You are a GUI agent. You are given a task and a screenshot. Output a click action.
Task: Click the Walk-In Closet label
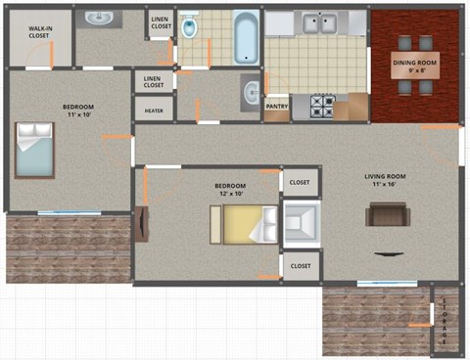(x=39, y=32)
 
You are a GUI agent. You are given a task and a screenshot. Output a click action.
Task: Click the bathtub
(x=246, y=36)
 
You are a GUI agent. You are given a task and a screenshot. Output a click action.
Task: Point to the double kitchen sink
(x=317, y=22)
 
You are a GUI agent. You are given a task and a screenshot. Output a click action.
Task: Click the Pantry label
(x=277, y=106)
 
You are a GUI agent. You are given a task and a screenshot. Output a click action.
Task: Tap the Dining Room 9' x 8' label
(x=414, y=66)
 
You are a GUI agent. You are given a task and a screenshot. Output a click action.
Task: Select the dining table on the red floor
(x=415, y=65)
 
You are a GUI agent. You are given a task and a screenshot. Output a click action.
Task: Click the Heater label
(x=154, y=111)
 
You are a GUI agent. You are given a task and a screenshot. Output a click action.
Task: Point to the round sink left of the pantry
(x=251, y=94)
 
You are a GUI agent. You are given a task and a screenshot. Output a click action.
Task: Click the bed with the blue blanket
(x=36, y=150)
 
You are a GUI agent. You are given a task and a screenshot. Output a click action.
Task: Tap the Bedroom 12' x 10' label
(x=230, y=189)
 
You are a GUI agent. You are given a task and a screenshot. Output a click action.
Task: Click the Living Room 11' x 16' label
(x=389, y=180)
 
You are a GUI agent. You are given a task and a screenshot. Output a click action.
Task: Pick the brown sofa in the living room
(x=387, y=213)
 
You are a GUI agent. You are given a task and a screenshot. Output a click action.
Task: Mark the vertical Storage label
(x=445, y=319)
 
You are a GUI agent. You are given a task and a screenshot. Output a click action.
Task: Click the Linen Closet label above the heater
(x=153, y=82)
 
